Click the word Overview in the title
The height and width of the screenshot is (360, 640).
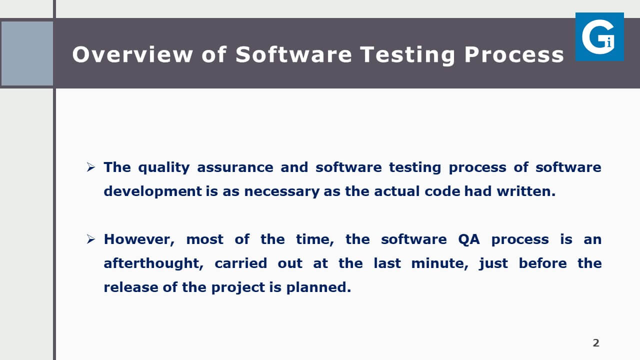coord(132,54)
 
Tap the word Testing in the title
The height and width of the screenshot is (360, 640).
coord(407,55)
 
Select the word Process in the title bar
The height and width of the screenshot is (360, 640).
coord(514,54)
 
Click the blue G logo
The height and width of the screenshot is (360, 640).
coord(599,36)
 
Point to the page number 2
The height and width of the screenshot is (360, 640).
coord(596,343)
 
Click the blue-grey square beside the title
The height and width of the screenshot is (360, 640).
coord(27,53)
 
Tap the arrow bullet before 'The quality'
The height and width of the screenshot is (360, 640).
coord(90,167)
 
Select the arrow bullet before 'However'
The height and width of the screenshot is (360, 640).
coord(90,239)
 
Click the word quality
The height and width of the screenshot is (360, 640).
coord(163,167)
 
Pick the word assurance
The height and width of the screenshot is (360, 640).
coord(235,167)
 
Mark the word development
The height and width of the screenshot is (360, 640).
coord(153,191)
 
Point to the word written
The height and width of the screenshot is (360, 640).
coord(526,191)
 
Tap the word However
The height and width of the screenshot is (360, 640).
coord(139,239)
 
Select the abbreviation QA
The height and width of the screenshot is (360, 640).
coord(469,239)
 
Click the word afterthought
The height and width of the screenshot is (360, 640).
coord(153,263)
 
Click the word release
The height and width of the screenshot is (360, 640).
coord(131,287)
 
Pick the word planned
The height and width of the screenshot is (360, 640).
coord(318,287)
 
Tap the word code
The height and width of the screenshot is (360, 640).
coord(442,191)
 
